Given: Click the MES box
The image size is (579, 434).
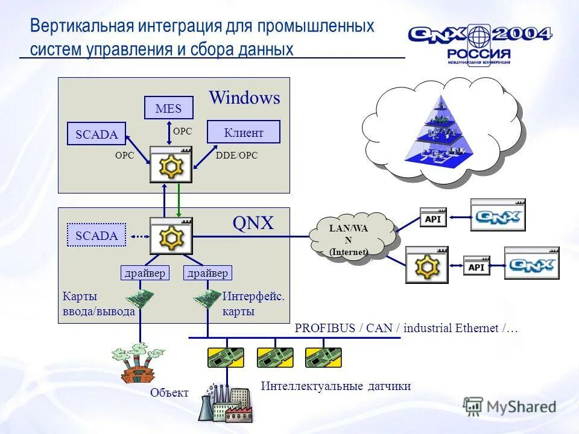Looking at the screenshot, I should pos(168,108).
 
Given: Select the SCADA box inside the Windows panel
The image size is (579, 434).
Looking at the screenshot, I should pos(96,134).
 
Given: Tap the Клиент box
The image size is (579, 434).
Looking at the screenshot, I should pos(244,132).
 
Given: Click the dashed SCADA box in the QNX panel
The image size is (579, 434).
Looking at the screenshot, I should pos(96,235).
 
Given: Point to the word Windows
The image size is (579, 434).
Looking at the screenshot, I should pos(244,98).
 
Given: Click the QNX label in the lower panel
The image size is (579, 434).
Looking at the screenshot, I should pos(253,224).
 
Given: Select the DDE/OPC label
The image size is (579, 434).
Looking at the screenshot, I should pos(236,156).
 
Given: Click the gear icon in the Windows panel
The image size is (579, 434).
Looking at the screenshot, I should pos(171,165).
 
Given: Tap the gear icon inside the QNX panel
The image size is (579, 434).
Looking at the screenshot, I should pos(171,236).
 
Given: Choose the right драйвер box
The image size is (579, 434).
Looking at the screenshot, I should pos(207,273).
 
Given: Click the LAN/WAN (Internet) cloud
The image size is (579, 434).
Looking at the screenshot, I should pos(349,237).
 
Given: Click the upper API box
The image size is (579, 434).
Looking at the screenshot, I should pos(433,219).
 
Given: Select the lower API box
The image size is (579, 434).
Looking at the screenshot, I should pos(476,267).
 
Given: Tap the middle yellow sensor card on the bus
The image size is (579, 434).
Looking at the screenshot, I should pos(275,357).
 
